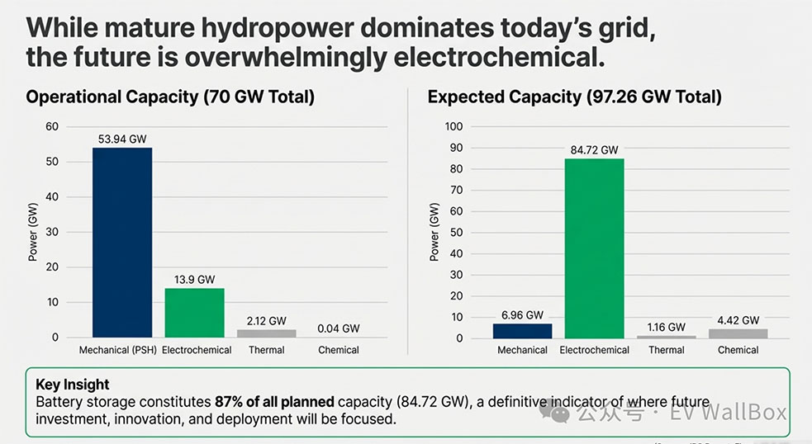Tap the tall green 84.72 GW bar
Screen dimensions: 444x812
click(594, 248)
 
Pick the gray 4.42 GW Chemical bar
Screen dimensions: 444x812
click(738, 333)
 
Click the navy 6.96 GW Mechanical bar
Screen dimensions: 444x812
click(522, 330)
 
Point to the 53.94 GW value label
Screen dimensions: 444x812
click(122, 139)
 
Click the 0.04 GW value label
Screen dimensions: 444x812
click(339, 328)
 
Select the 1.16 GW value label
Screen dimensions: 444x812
click(666, 327)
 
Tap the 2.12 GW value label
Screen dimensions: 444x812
click(266, 321)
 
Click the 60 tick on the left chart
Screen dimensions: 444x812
click(53, 126)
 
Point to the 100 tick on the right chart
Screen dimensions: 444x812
click(453, 126)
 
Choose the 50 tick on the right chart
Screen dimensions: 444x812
click(457, 233)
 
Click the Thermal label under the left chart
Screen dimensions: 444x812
click(266, 350)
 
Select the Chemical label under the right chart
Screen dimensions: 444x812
click(738, 350)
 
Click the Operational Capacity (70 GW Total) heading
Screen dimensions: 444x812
click(170, 97)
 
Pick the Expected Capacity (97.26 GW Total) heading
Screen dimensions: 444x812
click(574, 97)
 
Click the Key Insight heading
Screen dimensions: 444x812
click(73, 385)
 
